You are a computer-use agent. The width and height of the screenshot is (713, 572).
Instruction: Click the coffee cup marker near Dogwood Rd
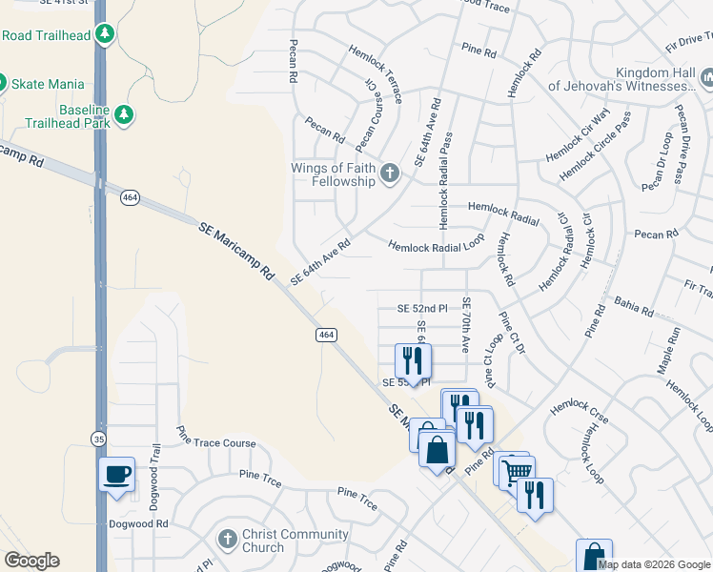click(117, 474)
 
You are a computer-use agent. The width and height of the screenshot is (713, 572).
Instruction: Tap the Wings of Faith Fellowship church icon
click(389, 174)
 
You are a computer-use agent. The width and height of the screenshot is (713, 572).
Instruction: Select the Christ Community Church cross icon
click(227, 540)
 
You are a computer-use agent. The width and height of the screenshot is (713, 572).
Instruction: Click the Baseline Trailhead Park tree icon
click(123, 115)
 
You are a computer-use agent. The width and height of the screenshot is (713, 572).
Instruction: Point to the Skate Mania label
click(48, 84)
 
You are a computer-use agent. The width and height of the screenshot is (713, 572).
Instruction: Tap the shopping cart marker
click(516, 471)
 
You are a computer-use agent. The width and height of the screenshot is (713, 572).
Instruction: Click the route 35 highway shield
click(99, 439)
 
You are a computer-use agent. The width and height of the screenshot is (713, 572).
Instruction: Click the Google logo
click(31, 561)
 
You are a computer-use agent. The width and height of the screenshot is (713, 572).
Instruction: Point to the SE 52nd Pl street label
click(422, 309)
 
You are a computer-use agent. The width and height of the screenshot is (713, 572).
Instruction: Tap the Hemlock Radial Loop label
click(436, 244)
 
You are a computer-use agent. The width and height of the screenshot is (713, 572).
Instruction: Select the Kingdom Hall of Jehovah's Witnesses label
click(624, 79)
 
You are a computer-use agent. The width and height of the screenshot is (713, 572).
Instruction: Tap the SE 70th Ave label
click(466, 326)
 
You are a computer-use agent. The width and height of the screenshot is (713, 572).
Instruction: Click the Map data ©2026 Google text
click(653, 564)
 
